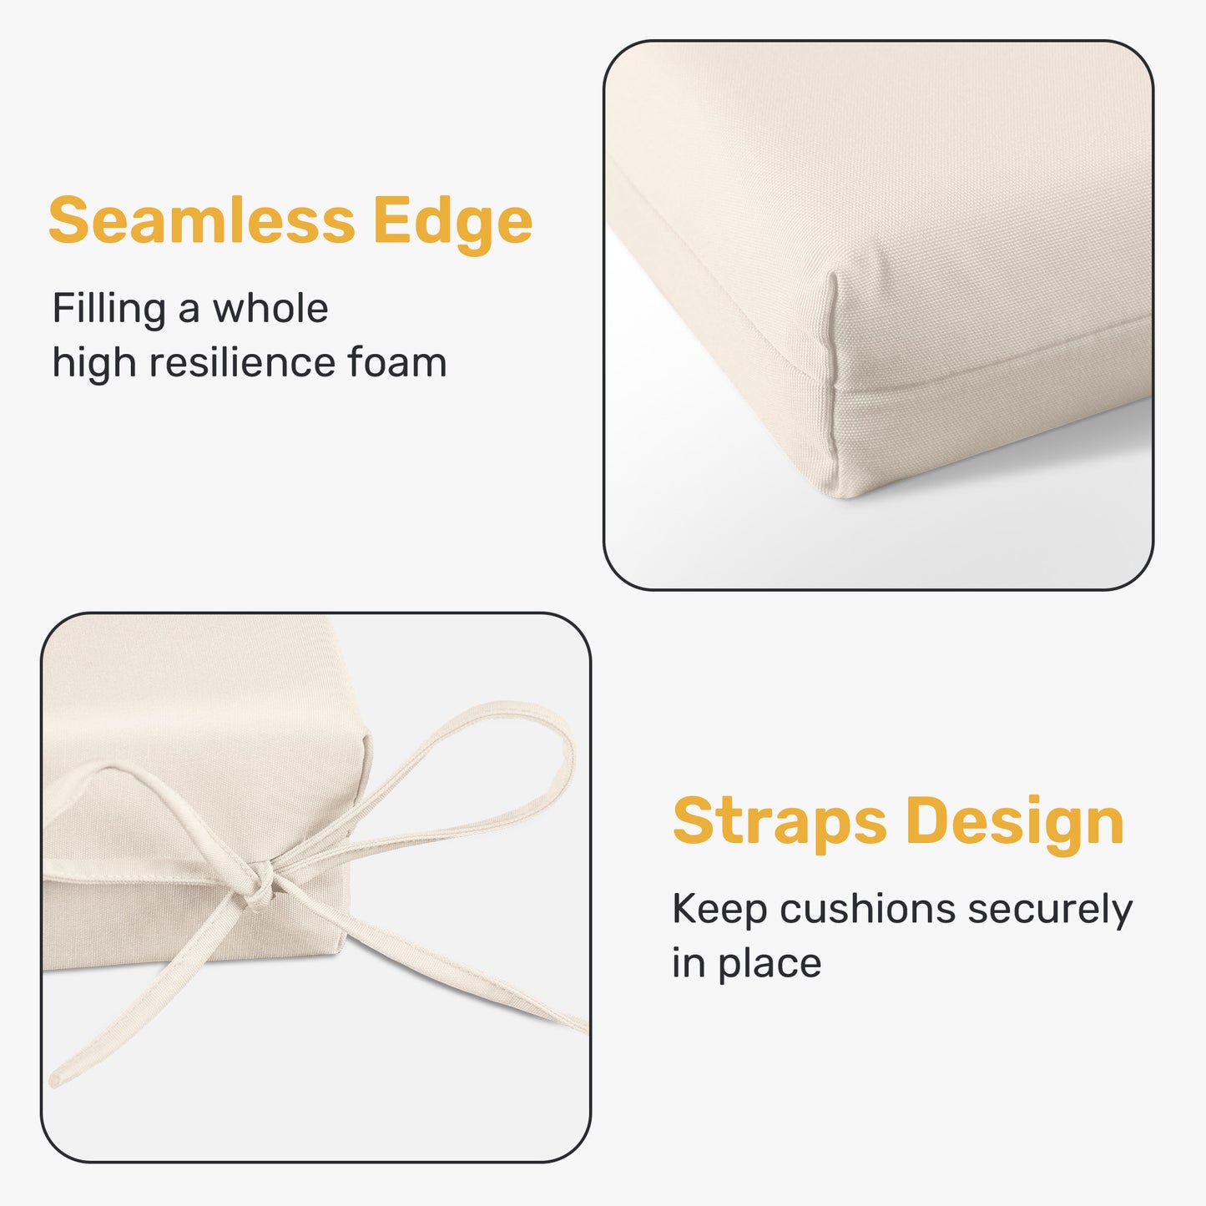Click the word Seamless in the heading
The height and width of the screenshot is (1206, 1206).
point(201,220)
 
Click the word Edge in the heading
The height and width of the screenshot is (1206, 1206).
point(452,222)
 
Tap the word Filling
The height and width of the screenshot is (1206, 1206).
point(108,309)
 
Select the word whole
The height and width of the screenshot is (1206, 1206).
point(270,309)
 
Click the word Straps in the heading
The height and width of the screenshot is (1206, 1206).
point(780,821)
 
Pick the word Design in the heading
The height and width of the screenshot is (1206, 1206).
point(1014,823)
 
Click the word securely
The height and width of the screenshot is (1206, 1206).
point(1050,911)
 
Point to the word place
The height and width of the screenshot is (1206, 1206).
point(770,964)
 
